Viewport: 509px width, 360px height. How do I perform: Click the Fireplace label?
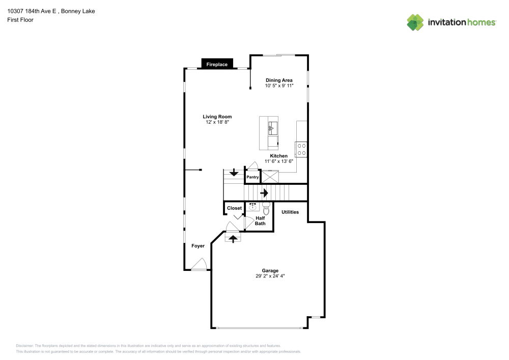[x=217, y=64]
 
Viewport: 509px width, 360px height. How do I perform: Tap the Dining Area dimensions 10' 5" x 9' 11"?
[x=279, y=86]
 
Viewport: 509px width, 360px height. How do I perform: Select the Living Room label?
[x=217, y=117]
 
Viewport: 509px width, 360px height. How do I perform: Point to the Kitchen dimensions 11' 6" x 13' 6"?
[x=278, y=161]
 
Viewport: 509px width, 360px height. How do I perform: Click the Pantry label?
[x=252, y=177]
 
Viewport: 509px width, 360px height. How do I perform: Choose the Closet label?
[x=234, y=208]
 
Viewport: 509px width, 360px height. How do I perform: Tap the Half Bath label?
[x=260, y=221]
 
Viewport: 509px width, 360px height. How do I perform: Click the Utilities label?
[x=290, y=212]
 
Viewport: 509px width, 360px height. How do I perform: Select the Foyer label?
[x=198, y=246]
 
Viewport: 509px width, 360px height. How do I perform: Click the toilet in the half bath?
[x=265, y=209]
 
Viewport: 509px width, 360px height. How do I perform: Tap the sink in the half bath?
[x=252, y=206]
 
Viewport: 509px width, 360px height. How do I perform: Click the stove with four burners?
[x=301, y=149]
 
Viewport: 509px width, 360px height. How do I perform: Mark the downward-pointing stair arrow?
[x=234, y=173]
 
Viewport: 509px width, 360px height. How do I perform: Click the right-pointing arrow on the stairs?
[x=264, y=193]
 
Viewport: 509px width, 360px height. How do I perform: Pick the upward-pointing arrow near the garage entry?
[x=233, y=238]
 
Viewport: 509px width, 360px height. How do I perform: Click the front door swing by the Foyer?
[x=199, y=264]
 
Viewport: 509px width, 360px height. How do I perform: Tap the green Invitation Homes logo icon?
[x=415, y=22]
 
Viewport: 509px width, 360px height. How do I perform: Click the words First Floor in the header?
[x=20, y=20]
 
